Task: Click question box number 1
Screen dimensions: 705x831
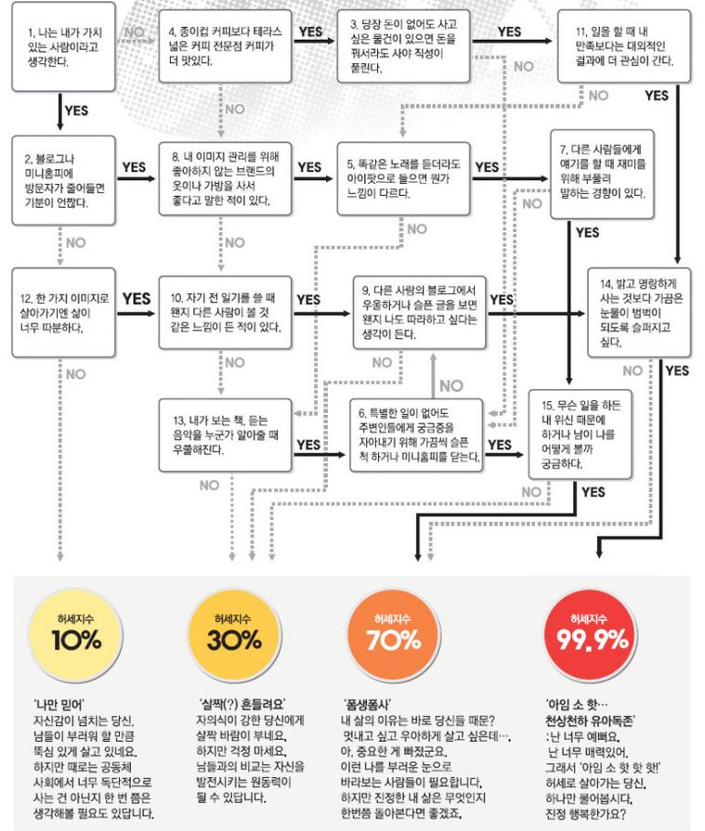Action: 63,47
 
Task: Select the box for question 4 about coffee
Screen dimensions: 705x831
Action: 226,46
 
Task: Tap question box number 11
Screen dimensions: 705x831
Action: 624,46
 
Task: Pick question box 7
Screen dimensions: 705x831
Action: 602,175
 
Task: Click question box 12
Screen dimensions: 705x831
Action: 63,313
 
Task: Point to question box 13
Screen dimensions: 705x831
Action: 226,435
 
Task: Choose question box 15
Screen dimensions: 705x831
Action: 580,435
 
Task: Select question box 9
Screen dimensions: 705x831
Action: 420,313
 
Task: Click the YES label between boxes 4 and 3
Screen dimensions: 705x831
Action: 310,32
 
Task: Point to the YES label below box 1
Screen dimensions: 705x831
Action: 76,110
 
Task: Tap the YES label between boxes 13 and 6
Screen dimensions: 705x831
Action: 308,445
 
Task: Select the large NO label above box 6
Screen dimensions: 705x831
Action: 451,385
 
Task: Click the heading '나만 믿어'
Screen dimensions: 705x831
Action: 59,705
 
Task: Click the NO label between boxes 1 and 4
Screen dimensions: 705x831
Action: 135,32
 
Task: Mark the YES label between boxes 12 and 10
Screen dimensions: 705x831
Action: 137,299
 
